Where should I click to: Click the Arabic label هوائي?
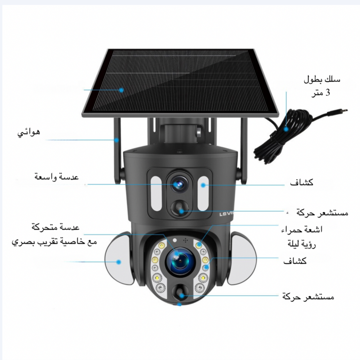coord(29,132)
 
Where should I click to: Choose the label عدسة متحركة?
coord(56,227)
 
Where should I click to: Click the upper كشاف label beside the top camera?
coord(302,182)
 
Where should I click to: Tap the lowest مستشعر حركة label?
coord(308,297)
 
